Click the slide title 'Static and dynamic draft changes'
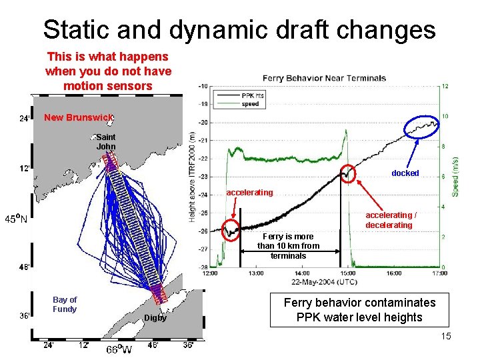pyautogui.click(x=239, y=29)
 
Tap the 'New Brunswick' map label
pyautogui.click(x=78, y=118)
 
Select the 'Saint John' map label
pyautogui.click(x=106, y=142)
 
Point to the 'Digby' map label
pyautogui.click(x=155, y=318)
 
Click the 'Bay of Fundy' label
pyautogui.click(x=65, y=304)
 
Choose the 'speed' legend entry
pyautogui.click(x=251, y=103)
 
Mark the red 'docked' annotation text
pyautogui.click(x=405, y=173)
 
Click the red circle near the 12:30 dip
pyautogui.click(x=231, y=230)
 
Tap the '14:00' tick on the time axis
pyautogui.click(x=301, y=273)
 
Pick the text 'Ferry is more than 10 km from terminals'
pyautogui.click(x=288, y=246)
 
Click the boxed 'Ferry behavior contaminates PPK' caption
pyautogui.click(x=359, y=310)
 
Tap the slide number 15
pyautogui.click(x=445, y=336)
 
